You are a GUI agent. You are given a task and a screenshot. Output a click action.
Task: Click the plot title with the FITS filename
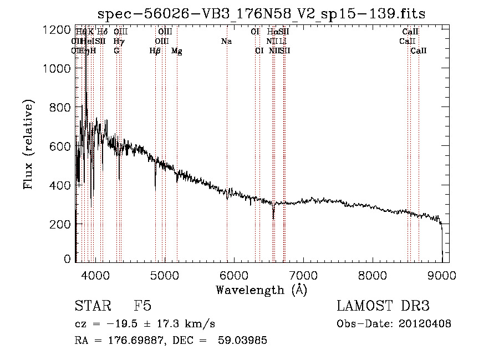(x=261, y=14)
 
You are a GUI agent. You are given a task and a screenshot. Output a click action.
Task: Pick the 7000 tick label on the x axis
(x=303, y=276)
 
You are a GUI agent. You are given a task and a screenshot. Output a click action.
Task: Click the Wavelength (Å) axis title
(x=261, y=290)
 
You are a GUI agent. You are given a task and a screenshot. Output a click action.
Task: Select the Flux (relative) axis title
(x=28, y=144)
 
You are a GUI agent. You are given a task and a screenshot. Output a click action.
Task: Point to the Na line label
(x=226, y=42)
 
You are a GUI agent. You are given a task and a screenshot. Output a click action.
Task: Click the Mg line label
(x=177, y=51)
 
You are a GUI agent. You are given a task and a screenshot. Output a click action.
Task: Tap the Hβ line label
(x=155, y=51)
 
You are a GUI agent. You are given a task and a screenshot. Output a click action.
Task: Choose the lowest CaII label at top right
(x=419, y=51)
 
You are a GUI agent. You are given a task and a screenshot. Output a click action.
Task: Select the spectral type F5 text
(x=142, y=306)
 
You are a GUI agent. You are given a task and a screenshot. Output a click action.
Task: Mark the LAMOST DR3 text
(x=383, y=306)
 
